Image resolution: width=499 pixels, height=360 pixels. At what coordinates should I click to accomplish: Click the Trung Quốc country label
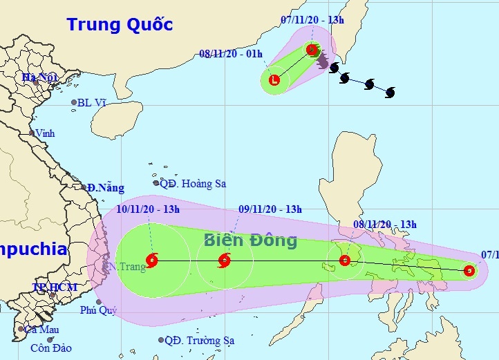click(120, 25)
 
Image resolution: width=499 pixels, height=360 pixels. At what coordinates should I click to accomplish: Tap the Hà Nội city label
click(39, 77)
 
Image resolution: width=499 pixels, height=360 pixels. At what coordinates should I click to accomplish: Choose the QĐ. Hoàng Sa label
click(193, 184)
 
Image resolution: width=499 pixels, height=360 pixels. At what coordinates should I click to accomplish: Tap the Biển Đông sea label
click(250, 240)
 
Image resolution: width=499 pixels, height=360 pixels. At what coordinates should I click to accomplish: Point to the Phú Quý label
click(95, 310)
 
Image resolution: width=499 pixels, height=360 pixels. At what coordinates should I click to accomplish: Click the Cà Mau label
click(42, 330)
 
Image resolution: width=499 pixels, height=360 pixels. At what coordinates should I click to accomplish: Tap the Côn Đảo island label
click(50, 348)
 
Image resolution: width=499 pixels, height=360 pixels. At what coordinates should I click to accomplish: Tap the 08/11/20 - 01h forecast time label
click(231, 54)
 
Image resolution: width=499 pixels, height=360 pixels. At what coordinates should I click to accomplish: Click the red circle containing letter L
click(275, 79)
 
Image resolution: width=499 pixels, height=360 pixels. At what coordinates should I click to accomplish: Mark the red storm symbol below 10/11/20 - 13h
click(152, 261)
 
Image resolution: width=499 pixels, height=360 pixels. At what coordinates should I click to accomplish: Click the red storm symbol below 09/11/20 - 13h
click(224, 261)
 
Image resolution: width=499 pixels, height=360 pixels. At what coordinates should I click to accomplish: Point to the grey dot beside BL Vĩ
click(74, 103)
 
